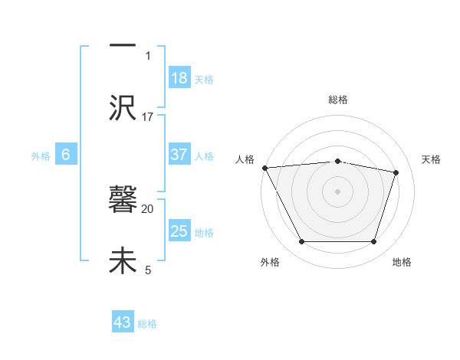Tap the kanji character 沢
(x=123, y=108)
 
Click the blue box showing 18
(x=179, y=78)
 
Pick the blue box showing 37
(x=179, y=155)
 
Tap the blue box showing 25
(x=179, y=231)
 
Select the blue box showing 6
(x=66, y=155)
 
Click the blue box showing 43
(x=123, y=322)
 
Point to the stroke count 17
(x=148, y=117)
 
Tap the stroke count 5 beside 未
(x=148, y=270)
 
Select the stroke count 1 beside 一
(x=148, y=55)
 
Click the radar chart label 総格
(x=337, y=100)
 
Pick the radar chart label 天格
(x=431, y=159)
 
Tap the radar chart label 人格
(x=245, y=159)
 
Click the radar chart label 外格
(x=270, y=263)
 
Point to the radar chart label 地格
(x=402, y=263)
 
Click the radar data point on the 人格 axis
(x=264, y=168)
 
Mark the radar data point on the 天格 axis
(x=396, y=172)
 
